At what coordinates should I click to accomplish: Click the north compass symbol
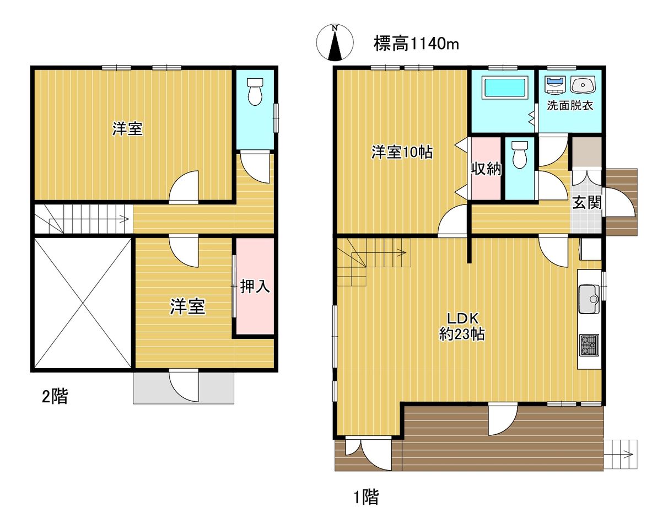[x=335, y=42]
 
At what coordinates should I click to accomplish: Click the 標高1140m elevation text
[x=416, y=44]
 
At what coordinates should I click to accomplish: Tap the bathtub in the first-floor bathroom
[x=505, y=88]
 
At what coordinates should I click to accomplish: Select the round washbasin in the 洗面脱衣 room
[x=583, y=84]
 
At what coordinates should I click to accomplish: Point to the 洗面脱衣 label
[x=570, y=106]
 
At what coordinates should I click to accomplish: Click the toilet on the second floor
[x=255, y=91]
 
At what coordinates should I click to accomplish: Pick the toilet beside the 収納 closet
[x=519, y=155]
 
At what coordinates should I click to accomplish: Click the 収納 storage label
[x=487, y=169]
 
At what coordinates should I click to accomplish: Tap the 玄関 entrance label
[x=587, y=202]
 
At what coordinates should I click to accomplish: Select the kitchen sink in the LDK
[x=589, y=299]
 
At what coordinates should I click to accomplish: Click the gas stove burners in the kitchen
[x=589, y=345]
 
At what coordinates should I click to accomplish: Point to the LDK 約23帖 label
[x=462, y=326]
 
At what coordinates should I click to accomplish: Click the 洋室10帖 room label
[x=402, y=153]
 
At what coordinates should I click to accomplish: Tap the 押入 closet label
[x=255, y=286]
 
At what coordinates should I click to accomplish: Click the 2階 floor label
[x=55, y=396]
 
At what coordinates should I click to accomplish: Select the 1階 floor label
[x=367, y=497]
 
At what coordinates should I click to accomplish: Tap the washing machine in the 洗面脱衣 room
[x=556, y=85]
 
